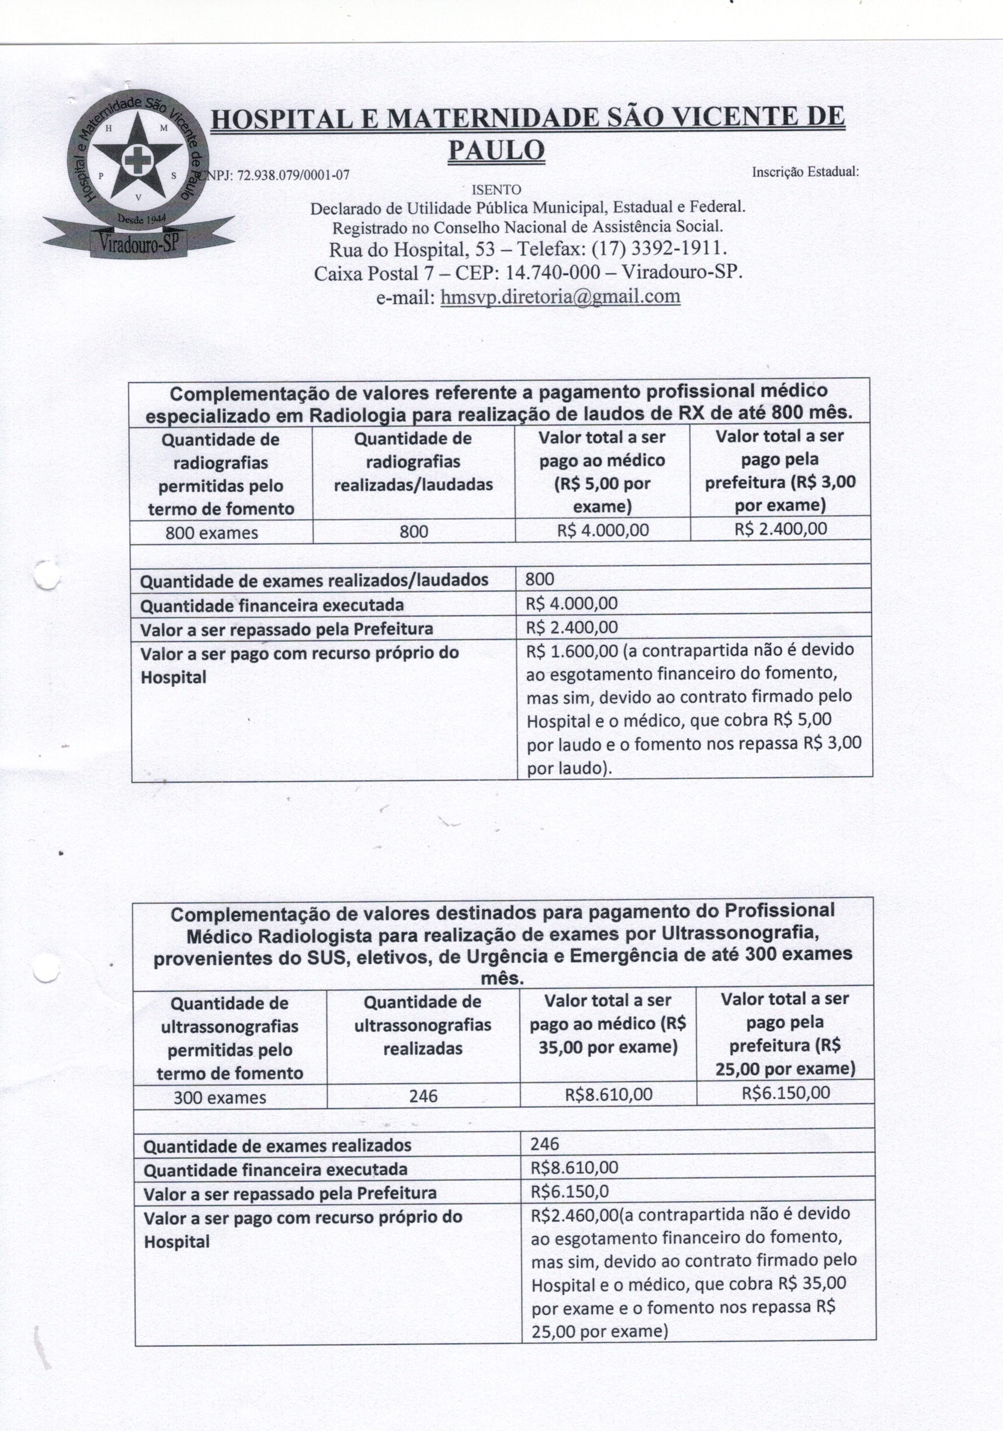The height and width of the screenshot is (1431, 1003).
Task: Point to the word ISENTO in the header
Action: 496,189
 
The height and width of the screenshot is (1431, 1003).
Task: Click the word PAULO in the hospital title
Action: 496,149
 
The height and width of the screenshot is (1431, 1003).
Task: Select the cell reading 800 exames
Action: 212,533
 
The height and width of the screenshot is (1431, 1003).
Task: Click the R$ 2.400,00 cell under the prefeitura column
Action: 780,529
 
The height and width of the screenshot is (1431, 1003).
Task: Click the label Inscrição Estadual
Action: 805,172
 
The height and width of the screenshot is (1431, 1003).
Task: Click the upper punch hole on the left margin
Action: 47,574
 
